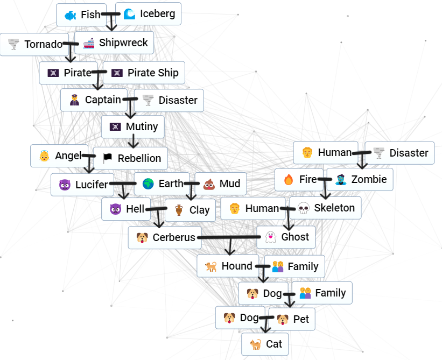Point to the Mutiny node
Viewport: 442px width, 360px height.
133,127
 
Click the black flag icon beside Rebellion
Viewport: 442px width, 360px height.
108,158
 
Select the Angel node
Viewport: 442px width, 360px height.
59,156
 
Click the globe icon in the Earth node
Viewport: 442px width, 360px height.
148,184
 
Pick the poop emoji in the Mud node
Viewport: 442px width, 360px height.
209,185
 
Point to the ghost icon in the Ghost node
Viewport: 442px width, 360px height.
270,237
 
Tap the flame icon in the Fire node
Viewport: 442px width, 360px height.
288,180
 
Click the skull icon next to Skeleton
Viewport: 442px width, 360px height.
303,208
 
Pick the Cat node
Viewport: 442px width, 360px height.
265,344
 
